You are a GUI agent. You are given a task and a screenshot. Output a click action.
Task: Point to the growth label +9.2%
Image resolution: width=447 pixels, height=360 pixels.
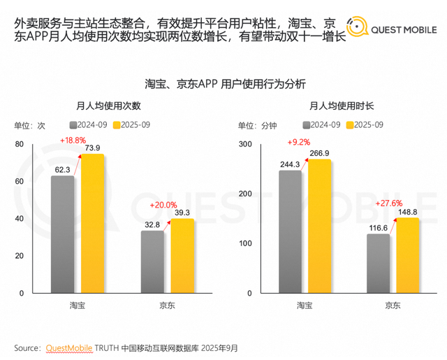(x=298, y=143)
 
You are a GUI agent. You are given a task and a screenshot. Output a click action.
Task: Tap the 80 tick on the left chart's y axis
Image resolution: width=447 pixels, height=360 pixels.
(x=20, y=144)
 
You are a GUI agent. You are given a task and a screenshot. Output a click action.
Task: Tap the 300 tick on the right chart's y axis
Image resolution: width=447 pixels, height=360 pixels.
(x=244, y=144)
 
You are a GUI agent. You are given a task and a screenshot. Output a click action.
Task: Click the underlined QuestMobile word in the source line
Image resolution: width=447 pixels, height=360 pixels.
(x=68, y=347)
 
